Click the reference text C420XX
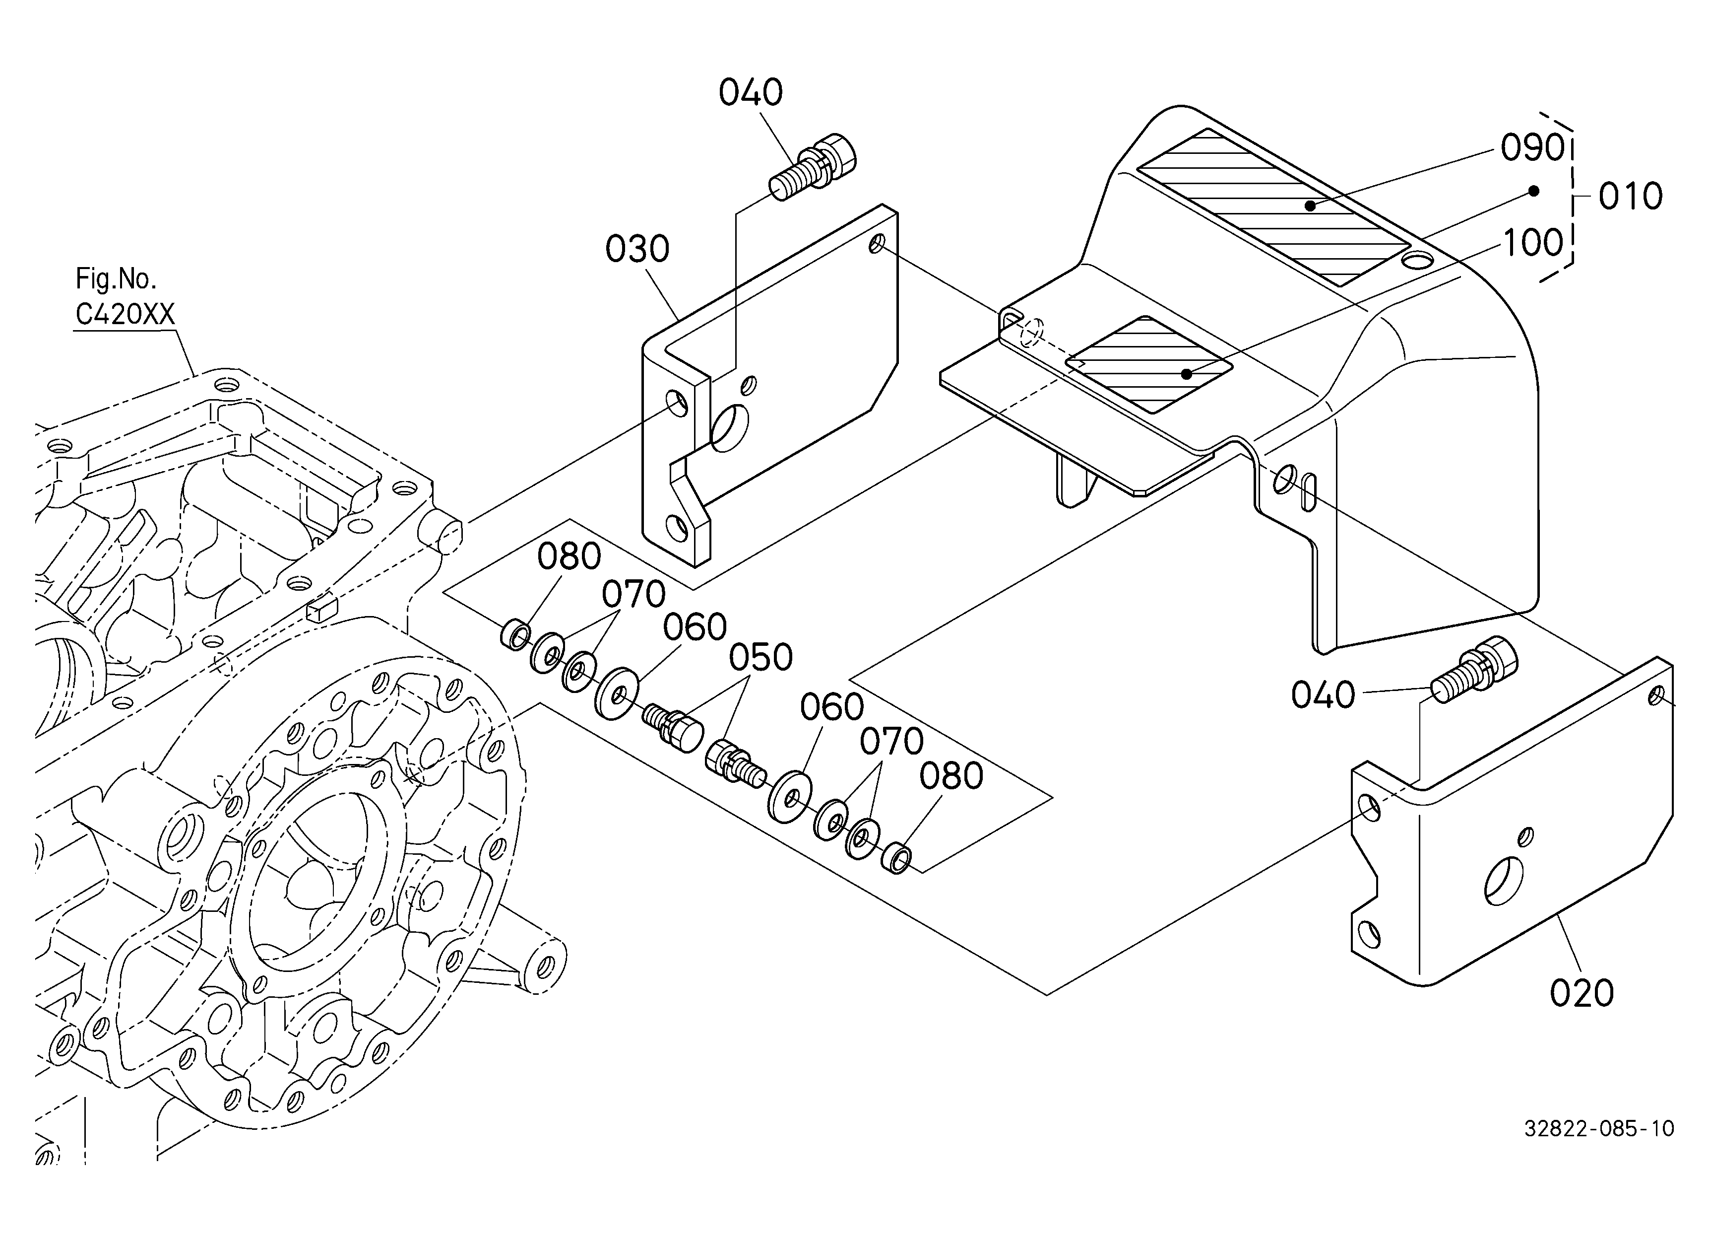pyautogui.click(x=125, y=314)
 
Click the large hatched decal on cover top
pyautogui.click(x=1273, y=206)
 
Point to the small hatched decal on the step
pyautogui.click(x=1149, y=364)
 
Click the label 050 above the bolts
pyautogui.click(x=760, y=658)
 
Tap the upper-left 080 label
pyautogui.click(x=569, y=557)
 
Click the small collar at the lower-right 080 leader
pyautogui.click(x=896, y=859)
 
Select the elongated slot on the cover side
pyautogui.click(x=1309, y=491)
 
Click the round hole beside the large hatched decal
pyautogui.click(x=1417, y=261)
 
